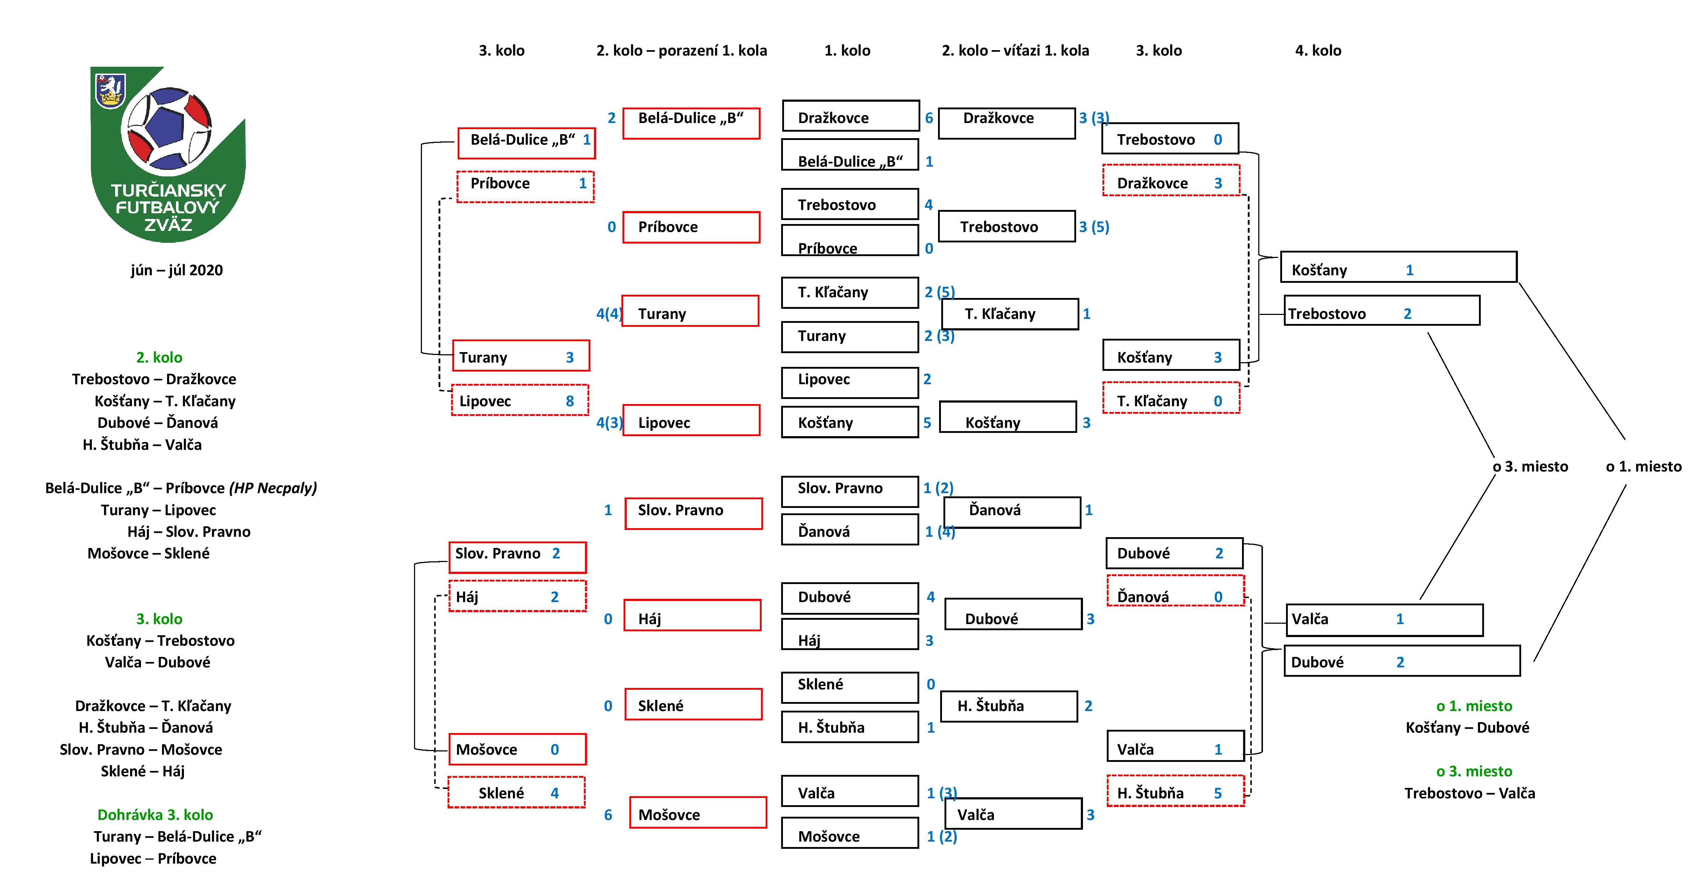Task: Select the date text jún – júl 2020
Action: point(177,270)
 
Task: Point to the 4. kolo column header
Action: point(1318,50)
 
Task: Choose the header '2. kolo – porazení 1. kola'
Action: point(681,50)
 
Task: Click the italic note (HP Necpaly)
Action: point(273,488)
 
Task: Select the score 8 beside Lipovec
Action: point(569,401)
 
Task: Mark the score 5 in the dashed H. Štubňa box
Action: point(1218,793)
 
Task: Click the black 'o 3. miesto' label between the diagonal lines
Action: point(1530,466)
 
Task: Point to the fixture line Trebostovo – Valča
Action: point(1470,793)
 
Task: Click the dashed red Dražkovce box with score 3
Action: point(1171,181)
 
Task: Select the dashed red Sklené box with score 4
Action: point(517,793)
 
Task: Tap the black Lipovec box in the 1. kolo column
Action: point(850,382)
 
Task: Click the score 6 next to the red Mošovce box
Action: point(608,815)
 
